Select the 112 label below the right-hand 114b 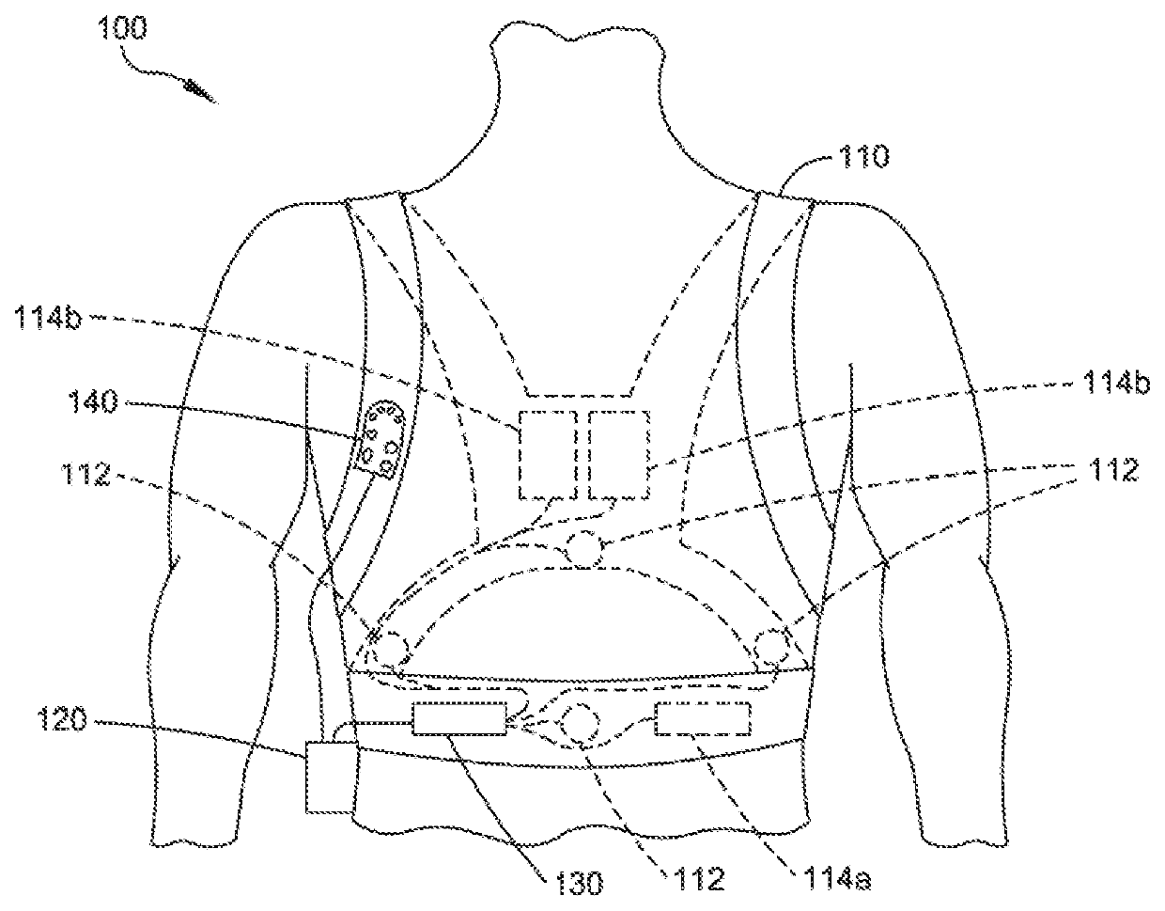click(x=1111, y=471)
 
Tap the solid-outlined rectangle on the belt click(x=459, y=721)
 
